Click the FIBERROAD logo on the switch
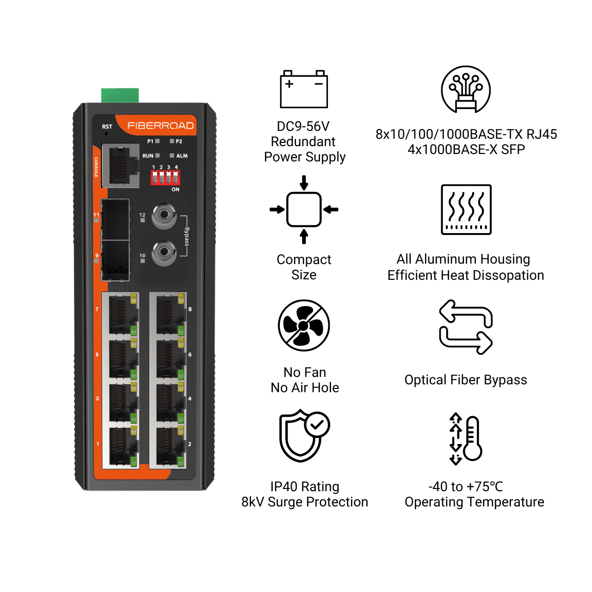(x=160, y=126)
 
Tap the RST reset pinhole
(x=106, y=133)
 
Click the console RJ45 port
(x=120, y=165)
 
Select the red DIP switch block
(x=165, y=178)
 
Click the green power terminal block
(x=120, y=96)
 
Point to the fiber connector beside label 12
(x=164, y=215)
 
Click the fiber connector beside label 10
(x=164, y=253)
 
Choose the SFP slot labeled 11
(x=115, y=219)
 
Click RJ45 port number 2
(x=168, y=447)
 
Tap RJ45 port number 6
(x=168, y=359)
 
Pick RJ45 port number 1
(x=120, y=447)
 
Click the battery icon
(x=304, y=89)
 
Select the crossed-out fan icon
(x=304, y=326)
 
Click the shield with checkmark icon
(x=304, y=435)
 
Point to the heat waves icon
(x=466, y=210)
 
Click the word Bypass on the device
(x=187, y=236)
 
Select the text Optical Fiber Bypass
(x=466, y=380)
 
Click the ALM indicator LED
(x=172, y=156)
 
